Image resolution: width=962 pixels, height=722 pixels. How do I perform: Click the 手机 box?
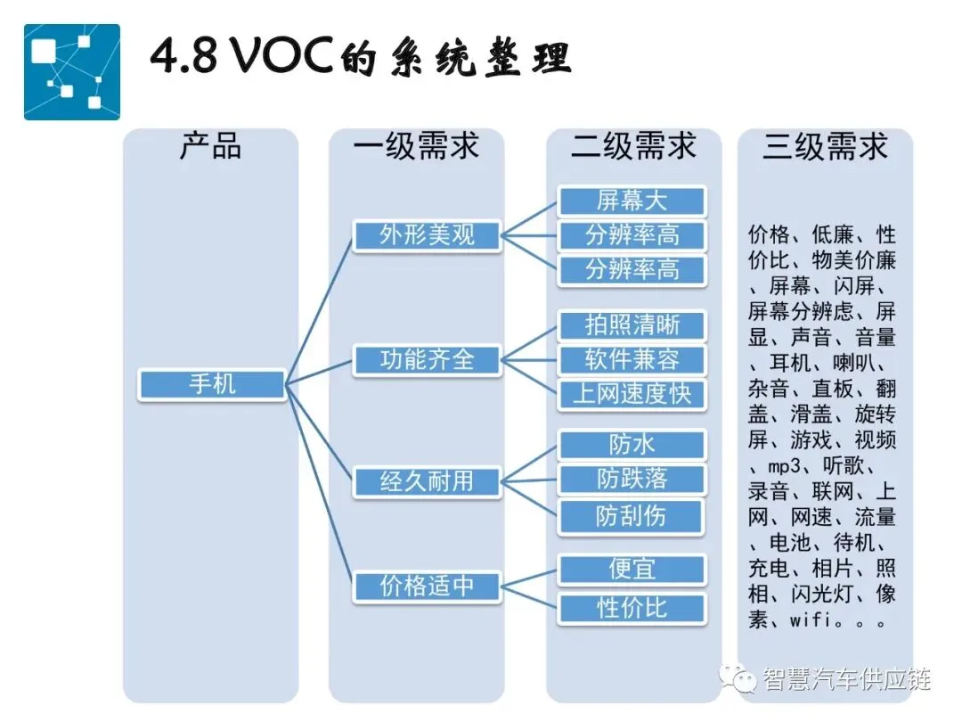point(212,385)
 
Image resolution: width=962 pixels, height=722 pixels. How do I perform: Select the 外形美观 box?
point(427,235)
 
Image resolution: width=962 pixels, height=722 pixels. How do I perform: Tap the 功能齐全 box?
point(427,360)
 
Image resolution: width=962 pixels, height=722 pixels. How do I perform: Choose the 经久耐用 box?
point(427,481)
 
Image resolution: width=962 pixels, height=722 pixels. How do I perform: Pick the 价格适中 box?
point(427,587)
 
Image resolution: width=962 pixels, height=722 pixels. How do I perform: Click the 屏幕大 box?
point(632,201)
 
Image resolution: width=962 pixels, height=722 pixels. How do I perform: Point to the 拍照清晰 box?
point(632,325)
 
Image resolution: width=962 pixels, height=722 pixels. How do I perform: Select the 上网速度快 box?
point(632,394)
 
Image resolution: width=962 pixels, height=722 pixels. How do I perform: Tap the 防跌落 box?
point(632,480)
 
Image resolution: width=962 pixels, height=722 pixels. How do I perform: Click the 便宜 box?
point(632,569)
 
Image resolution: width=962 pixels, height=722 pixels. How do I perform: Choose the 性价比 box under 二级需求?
point(632,609)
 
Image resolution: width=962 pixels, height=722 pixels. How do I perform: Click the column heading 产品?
point(211,146)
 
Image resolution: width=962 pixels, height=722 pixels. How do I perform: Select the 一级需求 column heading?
point(416,146)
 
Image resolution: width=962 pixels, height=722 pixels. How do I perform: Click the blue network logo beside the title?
point(71,71)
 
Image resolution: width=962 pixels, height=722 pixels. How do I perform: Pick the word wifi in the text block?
point(811,619)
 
